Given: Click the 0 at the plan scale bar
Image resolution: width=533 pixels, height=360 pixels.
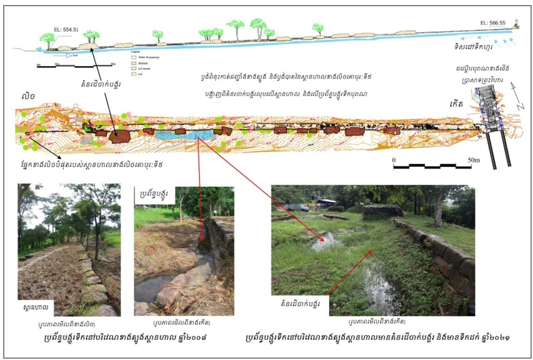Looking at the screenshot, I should tap(394, 160).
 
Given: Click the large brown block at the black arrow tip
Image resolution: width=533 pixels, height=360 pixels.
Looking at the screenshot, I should tap(117, 135).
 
